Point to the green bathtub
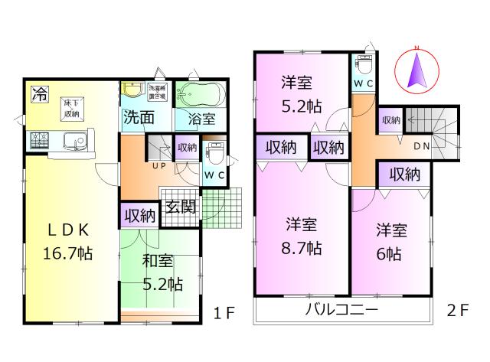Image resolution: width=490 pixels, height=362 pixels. tap(199, 96)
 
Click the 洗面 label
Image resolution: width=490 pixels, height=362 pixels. tap(139, 119)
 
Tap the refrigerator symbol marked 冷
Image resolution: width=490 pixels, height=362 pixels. tap(38, 95)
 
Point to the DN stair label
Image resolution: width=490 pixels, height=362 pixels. tap(421, 145)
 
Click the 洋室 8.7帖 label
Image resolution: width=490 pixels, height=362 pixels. tap(303, 236)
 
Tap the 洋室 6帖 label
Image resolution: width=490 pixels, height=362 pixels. tap(390, 242)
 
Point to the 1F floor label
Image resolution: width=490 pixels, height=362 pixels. tap(223, 312)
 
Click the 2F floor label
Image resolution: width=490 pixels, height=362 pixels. tap(456, 312)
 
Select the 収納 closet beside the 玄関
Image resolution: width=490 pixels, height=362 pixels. tap(139, 215)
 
